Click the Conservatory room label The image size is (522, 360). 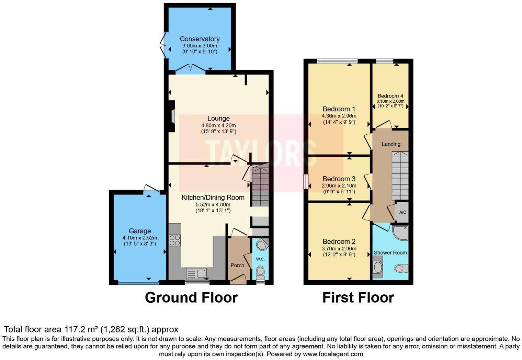click(200, 39)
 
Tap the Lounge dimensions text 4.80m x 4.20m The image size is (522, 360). click(218, 125)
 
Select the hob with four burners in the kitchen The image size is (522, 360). click(175, 240)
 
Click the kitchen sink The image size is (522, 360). click(196, 273)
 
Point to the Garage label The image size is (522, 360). click(140, 231)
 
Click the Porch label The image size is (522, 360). click(237, 265)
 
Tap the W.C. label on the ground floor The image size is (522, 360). click(260, 259)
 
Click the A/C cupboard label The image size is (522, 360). click(402, 212)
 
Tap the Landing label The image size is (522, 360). click(391, 144)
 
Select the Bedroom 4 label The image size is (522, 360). click(390, 96)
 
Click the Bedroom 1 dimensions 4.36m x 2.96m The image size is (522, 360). click(339, 116)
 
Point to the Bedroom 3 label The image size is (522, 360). click(339, 179)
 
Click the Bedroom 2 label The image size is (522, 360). click(339, 241)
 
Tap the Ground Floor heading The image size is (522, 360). click(191, 297)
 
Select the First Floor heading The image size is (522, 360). click(358, 297)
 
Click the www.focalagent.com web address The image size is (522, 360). click(333, 354)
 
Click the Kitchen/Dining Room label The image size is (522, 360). click(213, 198)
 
